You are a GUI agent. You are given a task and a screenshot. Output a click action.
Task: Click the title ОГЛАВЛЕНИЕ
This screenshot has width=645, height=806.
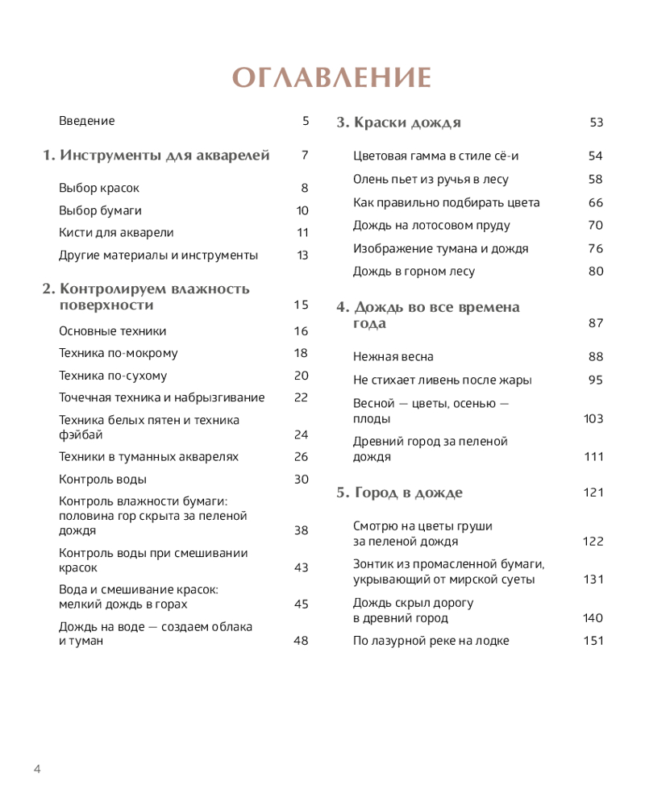332,77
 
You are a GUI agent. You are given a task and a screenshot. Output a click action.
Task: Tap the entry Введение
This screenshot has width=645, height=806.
87,121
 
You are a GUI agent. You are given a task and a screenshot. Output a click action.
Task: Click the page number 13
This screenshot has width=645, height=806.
302,256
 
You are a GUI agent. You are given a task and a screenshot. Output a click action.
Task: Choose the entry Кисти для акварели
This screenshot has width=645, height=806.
116,233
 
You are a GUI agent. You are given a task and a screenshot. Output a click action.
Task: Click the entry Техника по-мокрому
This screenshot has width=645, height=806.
119,353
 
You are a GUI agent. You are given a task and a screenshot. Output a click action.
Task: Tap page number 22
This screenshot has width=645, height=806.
301,397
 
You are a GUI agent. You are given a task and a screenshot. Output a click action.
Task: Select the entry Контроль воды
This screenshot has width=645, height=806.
102,479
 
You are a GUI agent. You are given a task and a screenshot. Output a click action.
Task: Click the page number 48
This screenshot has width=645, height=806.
301,641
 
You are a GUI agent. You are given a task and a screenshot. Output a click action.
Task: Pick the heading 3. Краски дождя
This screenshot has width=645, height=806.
398,123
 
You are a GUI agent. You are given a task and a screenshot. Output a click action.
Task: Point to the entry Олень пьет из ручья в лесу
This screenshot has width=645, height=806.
431,180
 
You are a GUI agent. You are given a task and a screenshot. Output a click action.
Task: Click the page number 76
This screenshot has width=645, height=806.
596,248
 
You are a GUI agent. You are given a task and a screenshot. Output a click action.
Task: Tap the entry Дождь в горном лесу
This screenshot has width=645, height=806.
414,272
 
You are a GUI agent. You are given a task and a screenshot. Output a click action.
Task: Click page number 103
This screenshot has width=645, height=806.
593,418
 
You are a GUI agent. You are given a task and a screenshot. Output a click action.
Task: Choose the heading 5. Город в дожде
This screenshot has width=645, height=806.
399,492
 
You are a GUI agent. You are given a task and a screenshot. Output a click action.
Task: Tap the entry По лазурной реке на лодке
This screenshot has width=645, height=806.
431,641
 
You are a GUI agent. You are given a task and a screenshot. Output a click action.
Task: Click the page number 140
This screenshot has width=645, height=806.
593,618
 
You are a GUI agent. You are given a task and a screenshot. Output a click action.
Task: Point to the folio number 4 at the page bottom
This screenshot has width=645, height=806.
37,768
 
